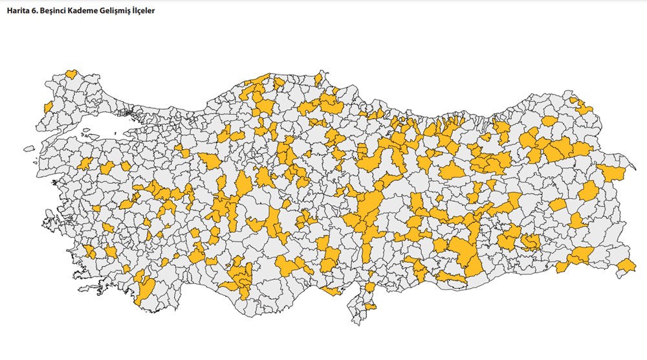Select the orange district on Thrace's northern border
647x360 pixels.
[72, 74]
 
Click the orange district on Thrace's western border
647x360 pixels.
[47, 106]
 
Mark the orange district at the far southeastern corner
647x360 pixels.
[626, 267]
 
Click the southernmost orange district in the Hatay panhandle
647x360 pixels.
[370, 306]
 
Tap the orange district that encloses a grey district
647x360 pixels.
[530, 242]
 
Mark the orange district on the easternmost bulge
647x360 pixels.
[610, 173]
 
